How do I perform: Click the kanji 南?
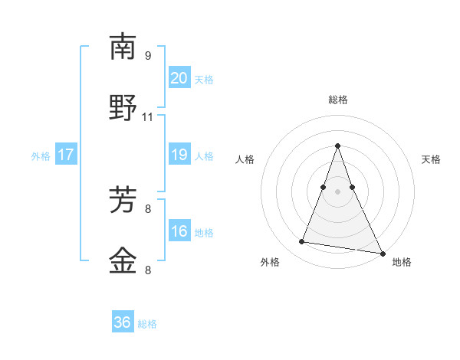point(123,47)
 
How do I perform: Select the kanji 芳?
point(123,201)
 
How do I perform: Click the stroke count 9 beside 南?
point(148,55)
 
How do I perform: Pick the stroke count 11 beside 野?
point(148,117)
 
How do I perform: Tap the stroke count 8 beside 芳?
point(148,208)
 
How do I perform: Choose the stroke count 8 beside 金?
point(148,270)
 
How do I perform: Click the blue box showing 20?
point(179,78)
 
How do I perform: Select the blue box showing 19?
point(179,155)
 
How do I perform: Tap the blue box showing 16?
point(179,232)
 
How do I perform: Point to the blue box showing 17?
point(66,155)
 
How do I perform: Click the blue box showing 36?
point(123,323)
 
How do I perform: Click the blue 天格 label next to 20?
point(204,80)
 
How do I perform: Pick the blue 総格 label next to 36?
point(147,324)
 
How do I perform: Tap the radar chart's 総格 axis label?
point(338,100)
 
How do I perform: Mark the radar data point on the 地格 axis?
point(382,252)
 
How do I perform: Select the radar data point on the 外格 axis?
point(302,242)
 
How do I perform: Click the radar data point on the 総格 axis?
point(338,146)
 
